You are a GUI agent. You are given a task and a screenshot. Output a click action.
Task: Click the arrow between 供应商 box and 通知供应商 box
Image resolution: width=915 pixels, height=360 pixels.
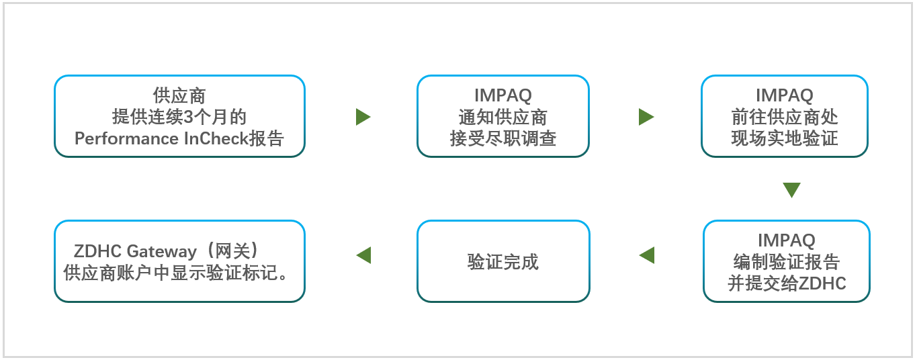point(363,117)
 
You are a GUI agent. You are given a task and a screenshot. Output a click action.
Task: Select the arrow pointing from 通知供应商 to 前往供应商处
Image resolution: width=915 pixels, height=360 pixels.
point(646,117)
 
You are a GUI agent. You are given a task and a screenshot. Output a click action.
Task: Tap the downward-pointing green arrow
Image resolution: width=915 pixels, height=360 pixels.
point(791,190)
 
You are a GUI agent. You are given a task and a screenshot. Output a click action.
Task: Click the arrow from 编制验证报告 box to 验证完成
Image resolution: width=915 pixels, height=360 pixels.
point(647,255)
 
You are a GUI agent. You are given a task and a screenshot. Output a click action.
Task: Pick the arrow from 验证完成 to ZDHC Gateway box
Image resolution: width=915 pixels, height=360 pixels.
point(363,255)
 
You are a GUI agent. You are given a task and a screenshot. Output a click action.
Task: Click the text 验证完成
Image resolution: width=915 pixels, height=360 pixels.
point(503,262)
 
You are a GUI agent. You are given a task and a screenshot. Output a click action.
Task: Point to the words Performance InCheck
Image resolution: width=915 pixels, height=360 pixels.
point(161,138)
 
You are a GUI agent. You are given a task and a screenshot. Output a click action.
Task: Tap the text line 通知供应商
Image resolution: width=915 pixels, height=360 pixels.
point(503,117)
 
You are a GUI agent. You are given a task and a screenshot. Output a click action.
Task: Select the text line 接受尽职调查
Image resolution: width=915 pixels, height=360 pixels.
point(503,138)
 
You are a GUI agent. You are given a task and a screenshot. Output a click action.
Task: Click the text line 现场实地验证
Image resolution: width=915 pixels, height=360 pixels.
point(784,138)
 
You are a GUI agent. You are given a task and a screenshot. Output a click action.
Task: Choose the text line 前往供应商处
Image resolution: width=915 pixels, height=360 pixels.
point(784,117)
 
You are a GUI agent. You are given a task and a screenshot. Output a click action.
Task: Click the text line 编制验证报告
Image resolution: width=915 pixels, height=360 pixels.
point(786,262)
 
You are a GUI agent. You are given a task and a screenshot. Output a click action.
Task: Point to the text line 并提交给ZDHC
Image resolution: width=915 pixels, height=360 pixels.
point(787,283)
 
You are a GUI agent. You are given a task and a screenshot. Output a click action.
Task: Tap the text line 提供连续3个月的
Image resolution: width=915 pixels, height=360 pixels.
point(179,117)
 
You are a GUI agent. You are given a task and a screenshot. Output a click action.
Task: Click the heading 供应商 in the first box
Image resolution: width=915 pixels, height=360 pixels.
point(179,95)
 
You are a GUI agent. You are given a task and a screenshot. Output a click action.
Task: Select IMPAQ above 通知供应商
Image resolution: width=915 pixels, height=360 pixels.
point(503,95)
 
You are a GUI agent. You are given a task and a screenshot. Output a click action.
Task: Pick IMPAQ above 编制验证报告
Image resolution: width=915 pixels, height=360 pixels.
point(786,240)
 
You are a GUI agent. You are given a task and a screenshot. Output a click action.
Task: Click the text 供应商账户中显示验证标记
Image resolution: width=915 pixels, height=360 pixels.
point(171,273)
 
